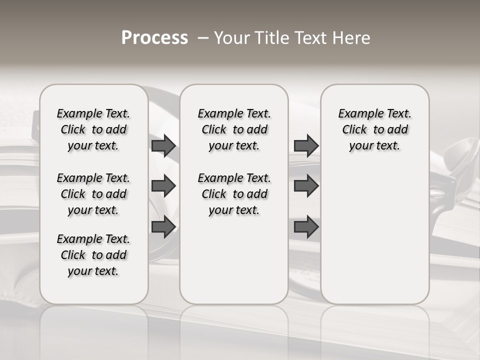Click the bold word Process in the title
click(154, 38)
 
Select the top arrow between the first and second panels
click(163, 145)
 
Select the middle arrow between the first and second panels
click(163, 186)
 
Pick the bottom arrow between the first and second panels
click(163, 227)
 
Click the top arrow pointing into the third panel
click(306, 145)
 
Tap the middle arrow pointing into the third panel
click(306, 186)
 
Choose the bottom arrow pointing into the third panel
click(306, 227)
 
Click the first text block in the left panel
click(93, 129)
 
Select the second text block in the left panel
click(93, 194)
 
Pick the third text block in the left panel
click(93, 255)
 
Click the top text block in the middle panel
click(234, 129)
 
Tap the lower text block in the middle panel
click(234, 194)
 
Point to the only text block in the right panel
click(374, 129)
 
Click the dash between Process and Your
click(203, 38)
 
